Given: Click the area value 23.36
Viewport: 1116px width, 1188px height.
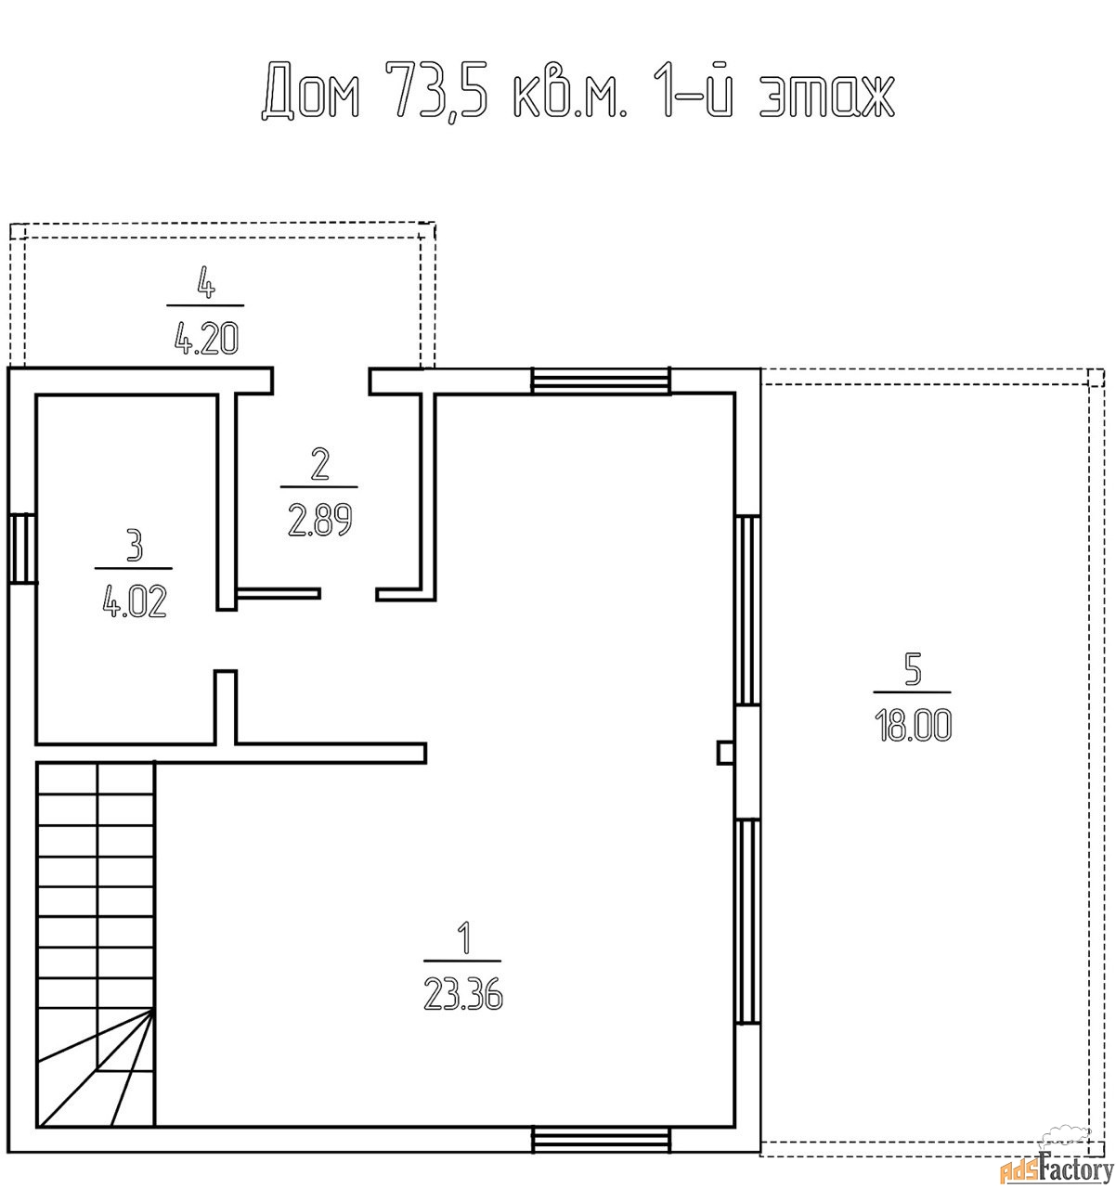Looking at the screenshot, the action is click(462, 994).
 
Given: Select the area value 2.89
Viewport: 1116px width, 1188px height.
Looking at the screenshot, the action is click(319, 521).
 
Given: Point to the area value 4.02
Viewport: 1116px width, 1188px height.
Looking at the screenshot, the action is click(134, 601).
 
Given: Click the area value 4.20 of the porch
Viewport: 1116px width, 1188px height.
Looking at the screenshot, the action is click(206, 338).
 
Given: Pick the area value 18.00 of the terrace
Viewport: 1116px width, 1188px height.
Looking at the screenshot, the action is click(912, 726).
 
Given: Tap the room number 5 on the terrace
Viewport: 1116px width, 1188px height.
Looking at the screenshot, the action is click(912, 670).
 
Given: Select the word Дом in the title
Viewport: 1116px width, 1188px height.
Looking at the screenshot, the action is click(311, 91).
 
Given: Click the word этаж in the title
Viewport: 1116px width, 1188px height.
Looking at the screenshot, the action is click(827, 97).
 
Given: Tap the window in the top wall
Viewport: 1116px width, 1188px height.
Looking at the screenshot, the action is click(601, 381).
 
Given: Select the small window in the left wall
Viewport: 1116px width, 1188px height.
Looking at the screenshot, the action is click(22, 548).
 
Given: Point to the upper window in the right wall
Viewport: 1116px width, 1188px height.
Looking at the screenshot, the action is click(747, 610).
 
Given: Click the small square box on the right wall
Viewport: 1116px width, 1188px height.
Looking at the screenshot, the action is click(726, 753).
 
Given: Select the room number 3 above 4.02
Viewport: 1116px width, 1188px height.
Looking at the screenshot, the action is click(135, 545).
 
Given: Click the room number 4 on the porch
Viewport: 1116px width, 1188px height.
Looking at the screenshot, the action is click(206, 282).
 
